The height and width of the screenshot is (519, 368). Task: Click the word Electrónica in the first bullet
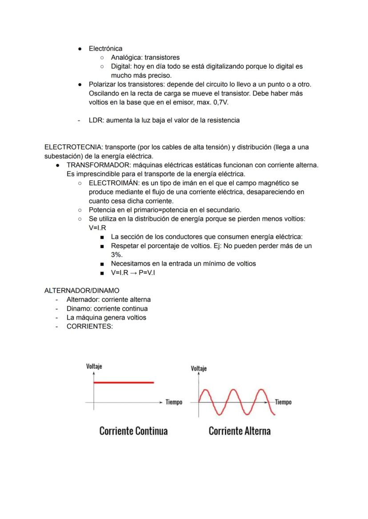click(105, 48)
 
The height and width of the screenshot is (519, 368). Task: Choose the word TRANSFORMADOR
click(96, 165)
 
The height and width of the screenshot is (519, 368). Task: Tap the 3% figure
click(117, 255)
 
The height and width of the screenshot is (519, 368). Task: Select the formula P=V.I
click(145, 273)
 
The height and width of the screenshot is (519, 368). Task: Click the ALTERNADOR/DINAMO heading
click(76, 290)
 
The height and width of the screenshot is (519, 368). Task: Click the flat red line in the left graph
click(124, 382)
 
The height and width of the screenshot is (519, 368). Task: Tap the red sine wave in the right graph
click(236, 401)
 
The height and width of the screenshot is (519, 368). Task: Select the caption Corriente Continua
click(133, 431)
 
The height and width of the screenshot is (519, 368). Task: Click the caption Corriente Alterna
click(240, 431)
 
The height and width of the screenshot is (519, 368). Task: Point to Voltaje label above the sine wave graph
click(198, 368)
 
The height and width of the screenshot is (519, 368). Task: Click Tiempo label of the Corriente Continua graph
click(174, 402)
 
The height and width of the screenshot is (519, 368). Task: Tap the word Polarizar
click(103, 84)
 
